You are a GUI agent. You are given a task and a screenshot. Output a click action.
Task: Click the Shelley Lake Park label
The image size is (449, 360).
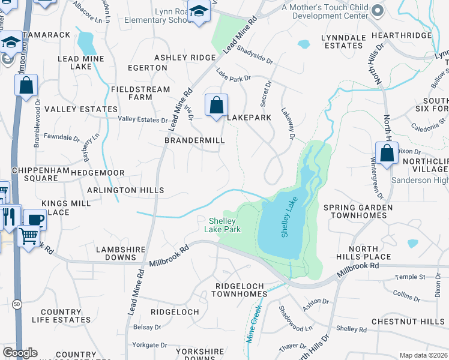click(224, 225)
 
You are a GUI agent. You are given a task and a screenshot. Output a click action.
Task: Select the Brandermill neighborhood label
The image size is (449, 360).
click(194, 140)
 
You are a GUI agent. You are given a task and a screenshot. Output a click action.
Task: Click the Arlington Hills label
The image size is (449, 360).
click(125, 190)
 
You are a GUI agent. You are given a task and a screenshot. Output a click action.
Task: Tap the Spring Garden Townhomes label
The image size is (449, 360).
click(358, 211)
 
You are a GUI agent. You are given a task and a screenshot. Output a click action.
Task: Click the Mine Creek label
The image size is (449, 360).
click(253, 325)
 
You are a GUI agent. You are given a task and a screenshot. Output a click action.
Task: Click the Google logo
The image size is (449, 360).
click(20, 353)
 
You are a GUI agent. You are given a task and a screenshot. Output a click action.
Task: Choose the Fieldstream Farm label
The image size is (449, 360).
click(132, 93)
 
